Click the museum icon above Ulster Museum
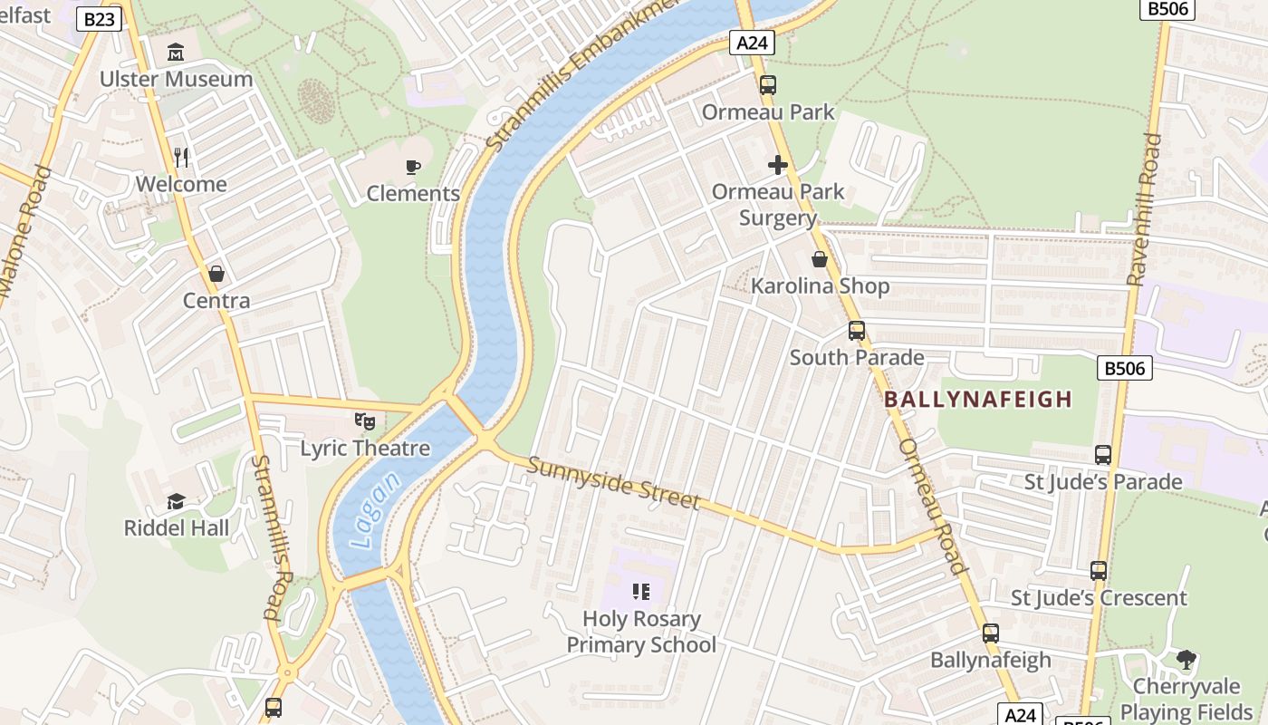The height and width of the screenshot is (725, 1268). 176,52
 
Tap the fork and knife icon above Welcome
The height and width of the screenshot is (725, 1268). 181,157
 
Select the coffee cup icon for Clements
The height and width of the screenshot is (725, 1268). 413,167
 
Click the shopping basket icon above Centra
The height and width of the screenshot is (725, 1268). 216,273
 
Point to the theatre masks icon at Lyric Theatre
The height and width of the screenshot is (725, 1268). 365,421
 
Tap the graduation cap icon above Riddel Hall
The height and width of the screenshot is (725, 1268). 176,501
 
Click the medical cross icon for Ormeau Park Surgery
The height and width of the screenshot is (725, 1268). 777,165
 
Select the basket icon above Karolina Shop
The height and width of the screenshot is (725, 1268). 820,259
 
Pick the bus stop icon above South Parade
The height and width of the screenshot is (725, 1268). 856,331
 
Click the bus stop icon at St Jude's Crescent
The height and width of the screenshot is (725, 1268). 1098,571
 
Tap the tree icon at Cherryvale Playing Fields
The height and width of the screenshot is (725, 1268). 1186,659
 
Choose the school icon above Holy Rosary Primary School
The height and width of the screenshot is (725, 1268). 641,593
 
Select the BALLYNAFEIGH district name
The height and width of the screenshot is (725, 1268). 978,399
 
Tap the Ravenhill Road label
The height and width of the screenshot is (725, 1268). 1144,209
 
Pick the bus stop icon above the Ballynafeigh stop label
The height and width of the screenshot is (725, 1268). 990,633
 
